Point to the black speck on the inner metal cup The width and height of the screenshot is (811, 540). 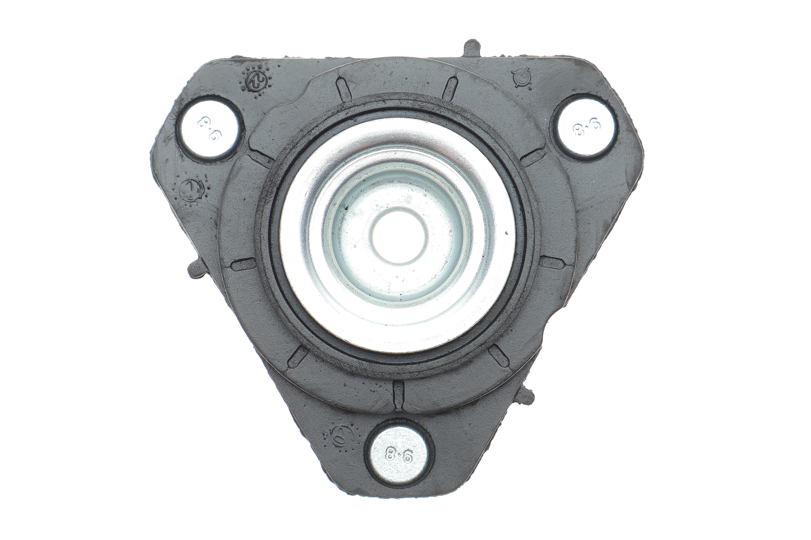point(346,207)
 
